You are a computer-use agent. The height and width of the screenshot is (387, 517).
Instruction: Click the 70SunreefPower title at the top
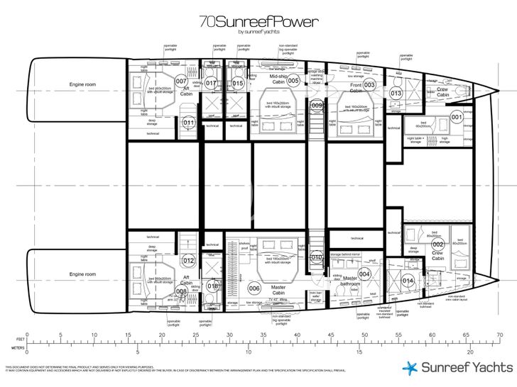[258, 22]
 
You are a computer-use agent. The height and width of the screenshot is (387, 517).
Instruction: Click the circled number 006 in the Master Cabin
[254, 288]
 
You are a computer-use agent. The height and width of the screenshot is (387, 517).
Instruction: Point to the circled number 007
[181, 81]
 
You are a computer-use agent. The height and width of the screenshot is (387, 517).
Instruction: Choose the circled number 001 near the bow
[457, 117]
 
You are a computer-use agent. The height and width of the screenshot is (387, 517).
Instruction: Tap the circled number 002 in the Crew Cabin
[437, 245]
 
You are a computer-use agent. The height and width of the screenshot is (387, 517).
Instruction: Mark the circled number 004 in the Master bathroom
[364, 274]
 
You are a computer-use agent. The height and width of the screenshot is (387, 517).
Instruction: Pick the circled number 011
[188, 123]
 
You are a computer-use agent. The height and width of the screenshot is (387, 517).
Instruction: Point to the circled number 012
[188, 260]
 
